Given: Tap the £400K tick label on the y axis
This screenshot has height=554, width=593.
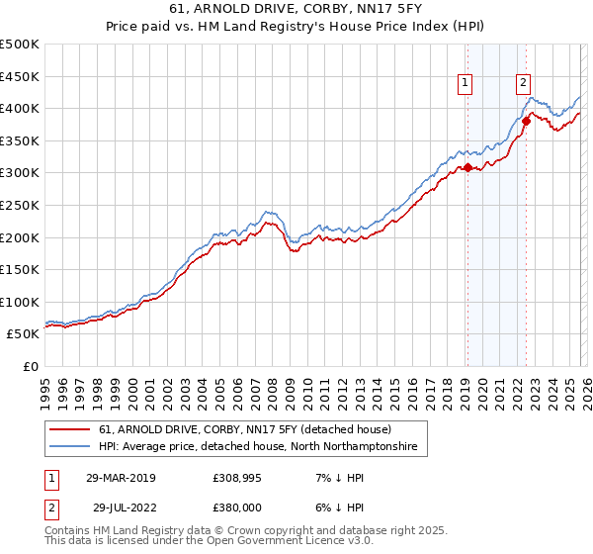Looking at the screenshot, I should [x=20, y=108].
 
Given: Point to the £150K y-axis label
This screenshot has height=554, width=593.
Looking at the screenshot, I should [x=20, y=269].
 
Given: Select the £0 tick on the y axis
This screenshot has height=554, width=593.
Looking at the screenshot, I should [x=31, y=366].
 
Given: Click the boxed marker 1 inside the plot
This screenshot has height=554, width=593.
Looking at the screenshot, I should [x=466, y=84].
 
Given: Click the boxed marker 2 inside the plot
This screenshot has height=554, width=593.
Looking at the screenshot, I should [x=524, y=84].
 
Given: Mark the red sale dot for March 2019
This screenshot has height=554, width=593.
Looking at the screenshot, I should [x=467, y=167].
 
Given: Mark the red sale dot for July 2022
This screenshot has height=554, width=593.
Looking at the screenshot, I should [x=526, y=122].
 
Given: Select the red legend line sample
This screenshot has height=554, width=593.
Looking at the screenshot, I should [x=71, y=429].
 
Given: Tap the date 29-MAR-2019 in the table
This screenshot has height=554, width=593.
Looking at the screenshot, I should [x=122, y=478].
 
